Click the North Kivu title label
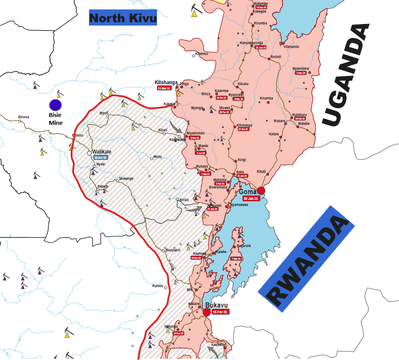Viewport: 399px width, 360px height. [x=123, y=18]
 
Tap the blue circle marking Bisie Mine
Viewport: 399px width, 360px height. [x=55, y=105]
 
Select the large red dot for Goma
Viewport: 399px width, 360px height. [x=261, y=190]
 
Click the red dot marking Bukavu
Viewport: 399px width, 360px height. [x=207, y=312]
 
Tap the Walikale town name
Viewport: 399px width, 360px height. [x=102, y=152]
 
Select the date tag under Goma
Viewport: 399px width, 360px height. [x=251, y=199]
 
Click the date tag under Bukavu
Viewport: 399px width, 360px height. [x=220, y=312]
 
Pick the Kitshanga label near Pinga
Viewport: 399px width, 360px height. [x=166, y=82]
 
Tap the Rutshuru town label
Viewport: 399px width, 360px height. [x=300, y=115]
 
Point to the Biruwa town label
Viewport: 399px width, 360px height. [x=24, y=117]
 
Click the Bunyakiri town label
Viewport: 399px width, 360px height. [x=173, y=250]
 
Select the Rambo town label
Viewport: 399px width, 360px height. [x=157, y=286]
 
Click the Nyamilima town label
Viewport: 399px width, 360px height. [x=300, y=69]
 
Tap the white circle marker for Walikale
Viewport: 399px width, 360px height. [x=89, y=153]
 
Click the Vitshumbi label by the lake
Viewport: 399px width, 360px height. [x=292, y=47]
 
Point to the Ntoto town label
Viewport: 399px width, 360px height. [x=157, y=157]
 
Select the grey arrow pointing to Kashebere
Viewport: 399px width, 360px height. [x=175, y=127]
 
